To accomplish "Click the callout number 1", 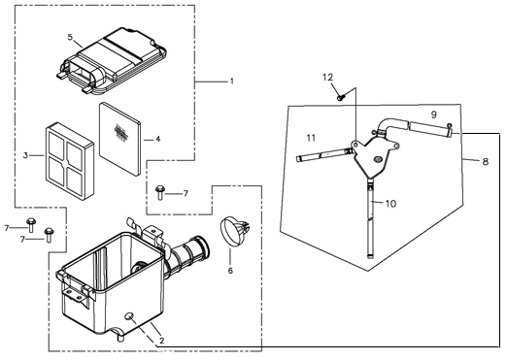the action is pos(231,81).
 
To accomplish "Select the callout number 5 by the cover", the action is pos(70,37).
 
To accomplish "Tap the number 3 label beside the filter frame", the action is pos(25,155).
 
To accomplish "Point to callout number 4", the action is pos(157,140).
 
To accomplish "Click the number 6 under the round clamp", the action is pos(230,270).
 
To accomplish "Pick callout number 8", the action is pos(486,161).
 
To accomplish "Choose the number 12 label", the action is pos(327,78).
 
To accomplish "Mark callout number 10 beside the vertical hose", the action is pos(390,204).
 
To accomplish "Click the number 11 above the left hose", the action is pos(311,138).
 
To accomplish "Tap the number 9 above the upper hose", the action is pos(434,115).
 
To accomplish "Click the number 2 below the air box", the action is pos(162,341).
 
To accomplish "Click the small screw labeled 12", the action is pos(341,96).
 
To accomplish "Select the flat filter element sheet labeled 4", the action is pos(120,139).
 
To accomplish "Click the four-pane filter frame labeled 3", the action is pos(69,161).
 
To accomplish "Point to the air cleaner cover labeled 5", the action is pos(110,61).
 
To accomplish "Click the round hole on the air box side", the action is pos(130,315).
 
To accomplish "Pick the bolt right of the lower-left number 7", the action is pos(50,235).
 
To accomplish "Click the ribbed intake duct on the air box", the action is pos(187,255).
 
